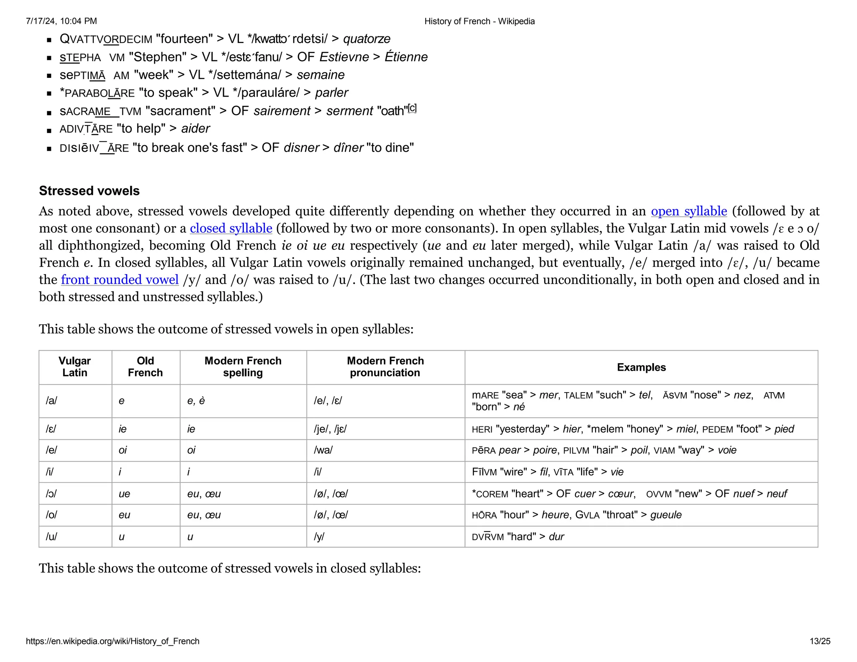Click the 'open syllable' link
point(689,211)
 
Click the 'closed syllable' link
point(231,228)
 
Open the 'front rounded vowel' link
point(120,280)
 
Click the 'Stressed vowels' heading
point(89,191)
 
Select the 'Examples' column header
point(641,367)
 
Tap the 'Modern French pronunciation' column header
point(385,367)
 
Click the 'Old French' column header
point(145,367)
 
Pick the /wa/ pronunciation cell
point(323,450)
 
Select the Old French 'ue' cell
point(124,494)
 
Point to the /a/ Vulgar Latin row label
point(51,401)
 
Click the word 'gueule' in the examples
point(666,515)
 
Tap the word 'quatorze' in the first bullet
point(367,39)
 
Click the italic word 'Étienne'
point(406,57)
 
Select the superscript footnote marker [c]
point(412,108)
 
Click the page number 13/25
point(820,641)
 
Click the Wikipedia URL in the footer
point(113,641)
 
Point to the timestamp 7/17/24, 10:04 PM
point(61,21)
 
